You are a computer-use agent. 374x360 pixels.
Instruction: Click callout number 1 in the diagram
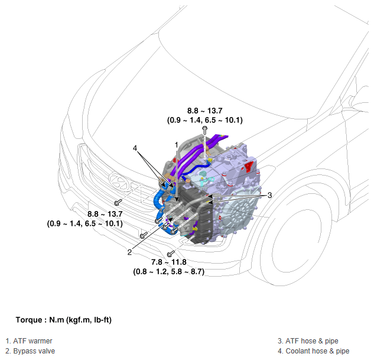point(177,145)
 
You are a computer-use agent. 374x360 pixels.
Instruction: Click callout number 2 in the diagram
point(129,252)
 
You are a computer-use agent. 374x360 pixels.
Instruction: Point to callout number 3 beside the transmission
point(269,195)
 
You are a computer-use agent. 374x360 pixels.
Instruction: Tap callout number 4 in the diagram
point(135,148)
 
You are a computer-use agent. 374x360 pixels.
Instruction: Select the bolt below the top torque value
point(205,131)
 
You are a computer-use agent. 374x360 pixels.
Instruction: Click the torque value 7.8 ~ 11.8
point(168,262)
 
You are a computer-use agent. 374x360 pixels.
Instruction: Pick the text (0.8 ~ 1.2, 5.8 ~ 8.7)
point(168,271)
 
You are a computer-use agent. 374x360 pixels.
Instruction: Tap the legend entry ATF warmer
point(29,341)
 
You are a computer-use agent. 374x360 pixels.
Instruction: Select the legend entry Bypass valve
point(30,351)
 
